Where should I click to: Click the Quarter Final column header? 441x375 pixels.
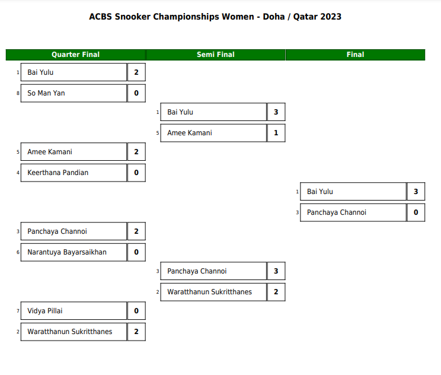(75, 55)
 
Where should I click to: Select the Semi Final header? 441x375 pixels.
(215, 55)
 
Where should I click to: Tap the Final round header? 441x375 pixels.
(355, 55)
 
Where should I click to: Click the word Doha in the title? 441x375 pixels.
(274, 17)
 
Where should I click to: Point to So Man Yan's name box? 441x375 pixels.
(73, 93)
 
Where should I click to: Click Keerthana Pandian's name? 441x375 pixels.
(58, 173)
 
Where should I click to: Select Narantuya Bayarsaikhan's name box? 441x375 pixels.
(73, 252)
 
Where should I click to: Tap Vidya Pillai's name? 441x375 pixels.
(45, 311)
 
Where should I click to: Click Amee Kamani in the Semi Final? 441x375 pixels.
(190, 133)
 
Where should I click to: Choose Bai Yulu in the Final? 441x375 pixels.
(319, 192)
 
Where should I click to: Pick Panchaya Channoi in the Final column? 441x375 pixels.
(337, 212)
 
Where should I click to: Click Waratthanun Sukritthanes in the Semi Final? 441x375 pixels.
(209, 292)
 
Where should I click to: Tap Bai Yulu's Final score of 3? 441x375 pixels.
(416, 192)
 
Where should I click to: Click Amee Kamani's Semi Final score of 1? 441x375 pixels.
(276, 133)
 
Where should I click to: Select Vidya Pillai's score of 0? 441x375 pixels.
(136, 311)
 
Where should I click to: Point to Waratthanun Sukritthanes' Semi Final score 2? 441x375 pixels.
(276, 292)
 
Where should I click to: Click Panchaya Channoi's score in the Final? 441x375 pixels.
(416, 212)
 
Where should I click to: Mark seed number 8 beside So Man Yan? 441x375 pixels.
(18, 93)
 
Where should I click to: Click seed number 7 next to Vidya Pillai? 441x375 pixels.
(18, 311)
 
